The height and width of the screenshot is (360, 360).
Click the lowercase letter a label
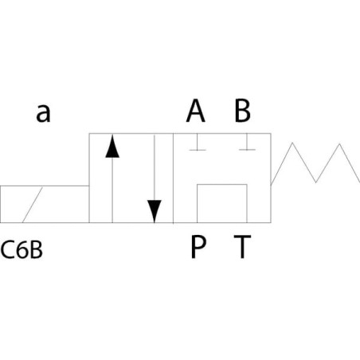click(x=43, y=113)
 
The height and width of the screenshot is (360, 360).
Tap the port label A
click(x=196, y=111)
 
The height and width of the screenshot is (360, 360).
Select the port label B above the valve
click(x=242, y=111)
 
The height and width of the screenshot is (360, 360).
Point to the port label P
click(x=198, y=247)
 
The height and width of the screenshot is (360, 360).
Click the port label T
click(x=242, y=247)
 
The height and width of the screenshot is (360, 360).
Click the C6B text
click(x=22, y=250)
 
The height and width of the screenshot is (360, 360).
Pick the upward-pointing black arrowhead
click(x=112, y=147)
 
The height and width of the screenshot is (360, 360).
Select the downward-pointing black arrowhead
click(x=155, y=211)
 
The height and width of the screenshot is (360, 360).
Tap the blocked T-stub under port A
click(x=198, y=143)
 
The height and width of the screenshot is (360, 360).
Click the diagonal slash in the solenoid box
click(x=33, y=205)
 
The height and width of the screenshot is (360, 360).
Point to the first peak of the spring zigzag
click(x=292, y=143)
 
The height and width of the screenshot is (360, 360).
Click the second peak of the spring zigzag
click(x=339, y=144)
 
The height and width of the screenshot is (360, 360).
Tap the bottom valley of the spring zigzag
click(x=315, y=182)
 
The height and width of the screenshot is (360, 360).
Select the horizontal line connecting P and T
click(x=222, y=184)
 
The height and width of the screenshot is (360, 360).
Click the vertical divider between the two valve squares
click(x=173, y=178)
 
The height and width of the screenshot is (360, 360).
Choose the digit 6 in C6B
click(x=22, y=250)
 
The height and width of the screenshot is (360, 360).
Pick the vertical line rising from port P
click(x=197, y=203)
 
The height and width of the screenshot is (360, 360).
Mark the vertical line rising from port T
click(x=247, y=203)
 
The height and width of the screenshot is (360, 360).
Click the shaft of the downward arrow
click(x=155, y=168)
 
